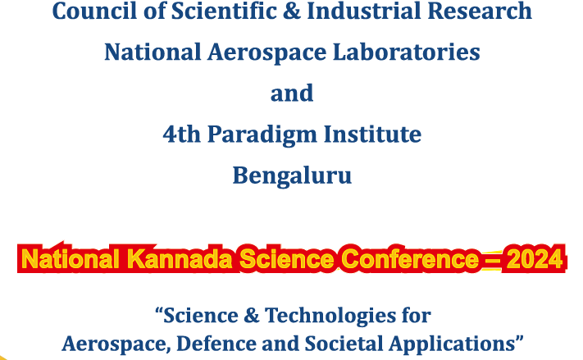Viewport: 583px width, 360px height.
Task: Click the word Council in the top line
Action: [x=95, y=11]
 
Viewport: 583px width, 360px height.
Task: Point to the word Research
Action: [x=480, y=11]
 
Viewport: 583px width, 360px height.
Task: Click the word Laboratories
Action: [x=407, y=52]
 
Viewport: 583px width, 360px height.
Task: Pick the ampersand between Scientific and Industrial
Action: [x=292, y=11]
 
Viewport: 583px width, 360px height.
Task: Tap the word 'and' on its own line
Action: [x=292, y=93]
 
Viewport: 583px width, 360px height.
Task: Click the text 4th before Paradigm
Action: [x=182, y=134]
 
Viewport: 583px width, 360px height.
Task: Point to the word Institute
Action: [x=372, y=134]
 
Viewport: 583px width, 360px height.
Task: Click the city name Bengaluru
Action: [x=292, y=175]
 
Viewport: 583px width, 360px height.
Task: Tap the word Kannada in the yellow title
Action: [x=180, y=258]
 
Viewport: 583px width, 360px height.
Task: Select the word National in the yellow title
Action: [x=71, y=258]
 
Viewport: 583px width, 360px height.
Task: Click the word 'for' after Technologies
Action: [x=416, y=316]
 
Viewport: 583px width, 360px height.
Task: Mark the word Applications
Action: [x=451, y=344]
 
